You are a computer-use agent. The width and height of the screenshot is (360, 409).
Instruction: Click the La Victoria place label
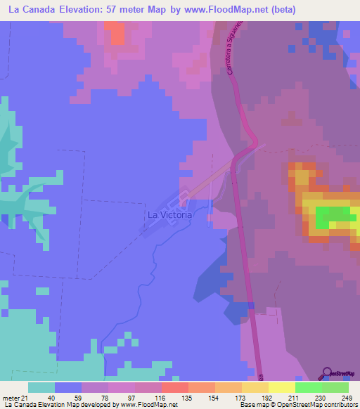169,214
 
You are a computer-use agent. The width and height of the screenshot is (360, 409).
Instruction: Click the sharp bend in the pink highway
252,148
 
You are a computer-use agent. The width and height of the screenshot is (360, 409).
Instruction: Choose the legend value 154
212,398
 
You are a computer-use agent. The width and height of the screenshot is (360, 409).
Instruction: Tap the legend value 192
265,398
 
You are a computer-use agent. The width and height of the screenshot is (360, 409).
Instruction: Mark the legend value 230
319,398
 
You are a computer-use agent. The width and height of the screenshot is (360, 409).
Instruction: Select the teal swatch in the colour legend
41,387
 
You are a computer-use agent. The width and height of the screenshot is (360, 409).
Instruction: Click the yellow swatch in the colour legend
282,387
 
